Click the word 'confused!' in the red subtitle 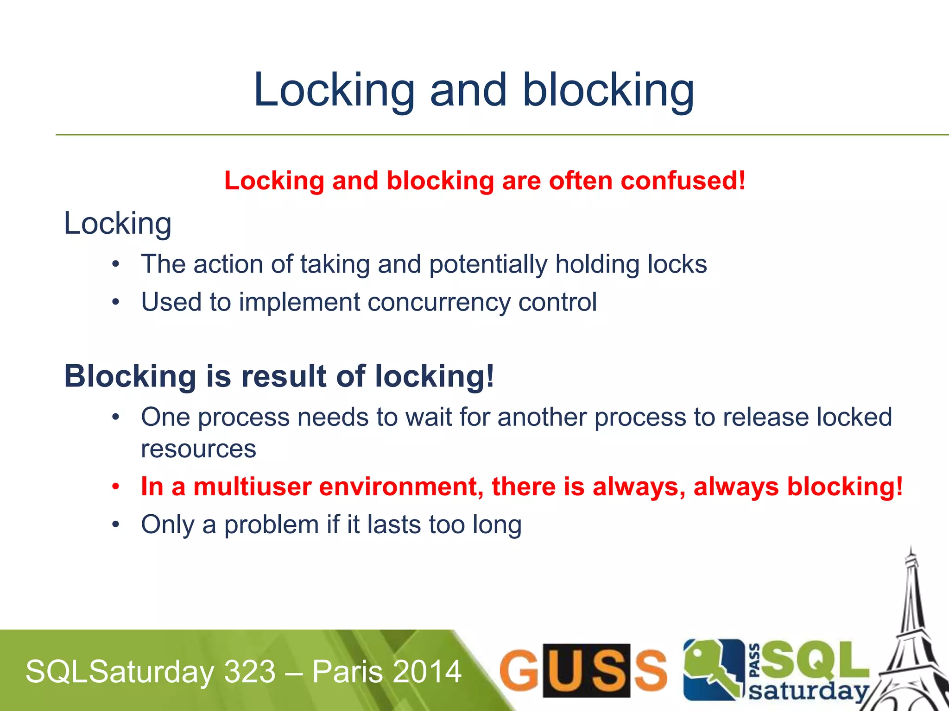(683, 181)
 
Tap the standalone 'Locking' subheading (118, 224)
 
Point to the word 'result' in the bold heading (284, 376)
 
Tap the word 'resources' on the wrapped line (198, 449)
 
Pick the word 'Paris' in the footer (342, 672)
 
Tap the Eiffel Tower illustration (911, 639)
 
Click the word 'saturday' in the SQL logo (809, 691)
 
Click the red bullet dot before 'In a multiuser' (116, 487)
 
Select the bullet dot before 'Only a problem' (116, 525)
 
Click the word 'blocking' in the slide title (608, 90)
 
